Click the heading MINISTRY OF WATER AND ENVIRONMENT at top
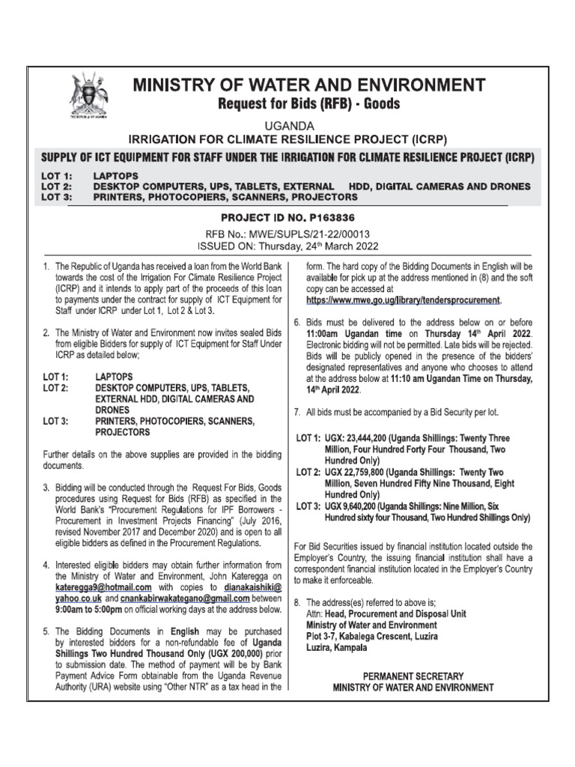tap(308, 85)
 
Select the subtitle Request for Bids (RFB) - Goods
tap(308, 103)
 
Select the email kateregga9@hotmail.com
tap(106, 588)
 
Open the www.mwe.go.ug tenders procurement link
tap(403, 300)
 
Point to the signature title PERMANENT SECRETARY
tap(413, 676)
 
